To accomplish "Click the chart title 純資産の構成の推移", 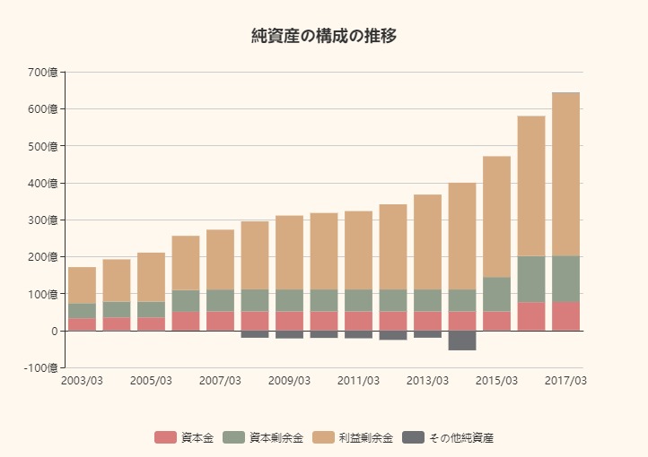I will click(324, 36).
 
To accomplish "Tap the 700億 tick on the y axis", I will click(42, 72).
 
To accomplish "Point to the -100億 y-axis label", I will click(40, 368).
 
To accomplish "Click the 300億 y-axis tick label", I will click(42, 220).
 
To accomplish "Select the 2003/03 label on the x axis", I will click(82, 381).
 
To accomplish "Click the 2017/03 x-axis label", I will click(566, 381).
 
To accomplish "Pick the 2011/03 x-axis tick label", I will click(358, 381).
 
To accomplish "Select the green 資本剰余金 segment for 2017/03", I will click(565, 279).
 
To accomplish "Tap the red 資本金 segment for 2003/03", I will click(82, 324).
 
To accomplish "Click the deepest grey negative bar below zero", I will click(462, 341).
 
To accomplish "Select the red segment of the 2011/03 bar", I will click(358, 321).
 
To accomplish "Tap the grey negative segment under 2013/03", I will click(427, 334).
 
